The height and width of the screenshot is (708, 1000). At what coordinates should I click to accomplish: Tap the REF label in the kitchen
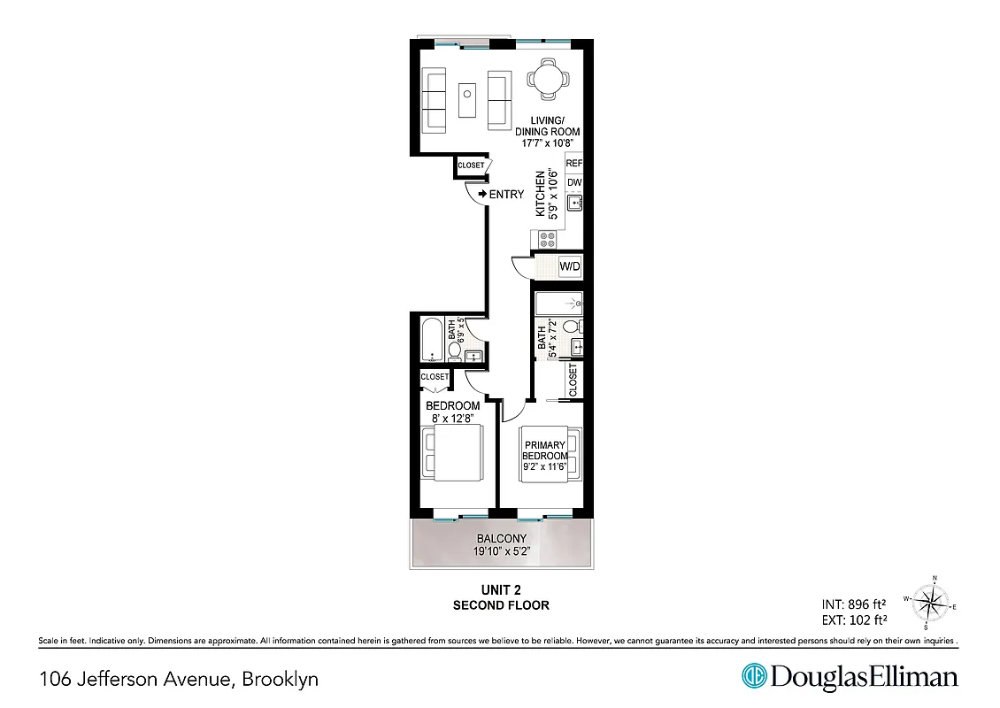coord(574,164)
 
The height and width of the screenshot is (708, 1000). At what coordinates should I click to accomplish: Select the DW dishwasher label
coord(574,183)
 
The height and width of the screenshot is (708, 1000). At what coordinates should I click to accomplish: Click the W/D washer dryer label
coord(570,265)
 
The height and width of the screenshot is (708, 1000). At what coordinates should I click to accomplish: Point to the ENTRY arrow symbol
coord(482,194)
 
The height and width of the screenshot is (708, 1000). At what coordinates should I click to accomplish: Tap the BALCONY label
coord(502,539)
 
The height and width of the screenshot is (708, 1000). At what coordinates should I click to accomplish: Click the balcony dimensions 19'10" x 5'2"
coord(502,553)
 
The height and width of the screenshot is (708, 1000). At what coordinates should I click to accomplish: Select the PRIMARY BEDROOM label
coord(544,450)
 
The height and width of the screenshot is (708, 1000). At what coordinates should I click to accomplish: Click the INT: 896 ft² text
coord(854,604)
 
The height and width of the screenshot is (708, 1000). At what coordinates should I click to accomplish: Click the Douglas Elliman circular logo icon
coord(753,677)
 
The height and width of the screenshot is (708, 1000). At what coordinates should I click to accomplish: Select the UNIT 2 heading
coord(501,590)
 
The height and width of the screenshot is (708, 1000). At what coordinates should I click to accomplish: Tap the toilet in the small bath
coord(455,351)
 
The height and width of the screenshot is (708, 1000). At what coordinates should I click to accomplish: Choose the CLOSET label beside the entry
coord(471,165)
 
